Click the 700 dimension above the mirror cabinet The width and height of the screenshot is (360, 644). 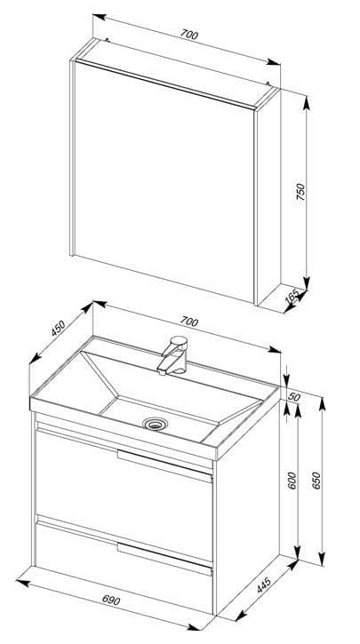coord(189,35)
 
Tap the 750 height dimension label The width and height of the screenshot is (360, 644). coord(301,192)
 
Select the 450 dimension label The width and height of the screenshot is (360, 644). coord(59,328)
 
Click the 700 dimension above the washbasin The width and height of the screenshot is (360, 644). coord(189,322)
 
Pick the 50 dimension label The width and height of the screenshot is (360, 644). coord(295,397)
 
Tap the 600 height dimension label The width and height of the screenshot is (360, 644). coord(292,481)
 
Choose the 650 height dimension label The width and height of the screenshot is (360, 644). coord(316,481)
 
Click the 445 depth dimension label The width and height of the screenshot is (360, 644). coord(264,585)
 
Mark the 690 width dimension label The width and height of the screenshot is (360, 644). coord(111,600)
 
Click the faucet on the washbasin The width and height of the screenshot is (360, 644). coord(173,355)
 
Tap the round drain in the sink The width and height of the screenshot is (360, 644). coord(154,424)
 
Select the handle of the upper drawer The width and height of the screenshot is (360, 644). coord(164,465)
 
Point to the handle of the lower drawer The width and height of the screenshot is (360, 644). coord(164,559)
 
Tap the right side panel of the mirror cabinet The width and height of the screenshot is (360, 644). coord(268,197)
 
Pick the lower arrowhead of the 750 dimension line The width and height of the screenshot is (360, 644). coord(307,283)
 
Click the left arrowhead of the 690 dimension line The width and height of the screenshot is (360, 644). coord(22,583)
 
